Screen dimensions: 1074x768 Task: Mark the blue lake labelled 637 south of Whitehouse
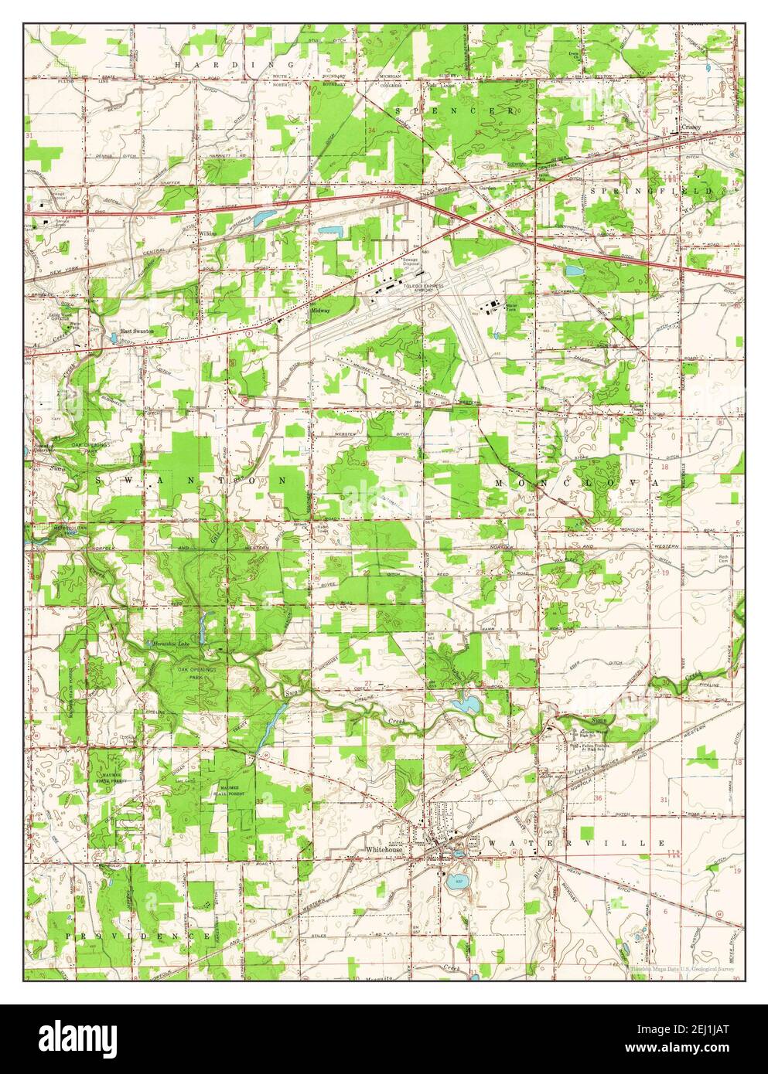(456, 880)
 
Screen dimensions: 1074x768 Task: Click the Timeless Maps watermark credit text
(680, 966)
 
